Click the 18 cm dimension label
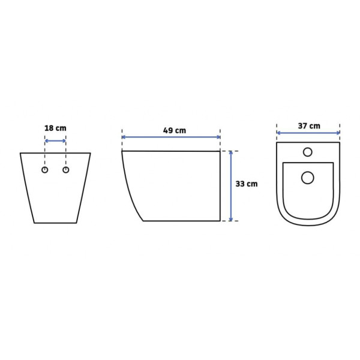pyautogui.click(x=55, y=128)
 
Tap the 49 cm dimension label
pyautogui.click(x=175, y=130)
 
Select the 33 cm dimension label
pyautogui.click(x=247, y=184)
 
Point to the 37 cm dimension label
pyautogui.click(x=309, y=126)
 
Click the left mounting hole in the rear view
pyautogui.click(x=45, y=170)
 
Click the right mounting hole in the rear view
pyautogui.click(x=66, y=170)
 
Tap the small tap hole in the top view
pyautogui.click(x=308, y=152)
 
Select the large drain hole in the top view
pyautogui.click(x=308, y=178)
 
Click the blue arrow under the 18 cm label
pyautogui.click(x=55, y=141)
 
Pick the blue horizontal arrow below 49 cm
pyautogui.click(x=171, y=137)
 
